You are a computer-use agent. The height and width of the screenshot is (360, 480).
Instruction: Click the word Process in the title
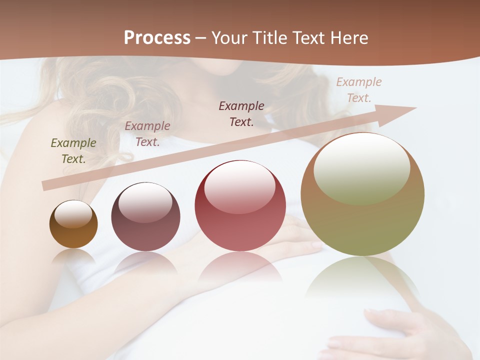[157, 38]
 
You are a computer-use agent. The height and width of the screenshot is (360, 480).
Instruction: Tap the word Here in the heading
[348, 38]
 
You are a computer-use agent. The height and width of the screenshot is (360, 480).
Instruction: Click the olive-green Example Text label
[73, 150]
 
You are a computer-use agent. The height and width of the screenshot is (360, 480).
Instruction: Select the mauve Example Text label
[147, 133]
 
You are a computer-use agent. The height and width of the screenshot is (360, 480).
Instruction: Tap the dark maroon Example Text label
[241, 113]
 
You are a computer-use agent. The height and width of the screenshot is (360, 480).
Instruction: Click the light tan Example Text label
[359, 89]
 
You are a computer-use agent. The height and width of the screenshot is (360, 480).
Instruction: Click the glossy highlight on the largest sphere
[361, 167]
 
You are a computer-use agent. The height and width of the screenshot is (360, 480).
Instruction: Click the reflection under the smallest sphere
[73, 256]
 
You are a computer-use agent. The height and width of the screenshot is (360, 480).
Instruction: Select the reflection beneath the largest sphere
[362, 280]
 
